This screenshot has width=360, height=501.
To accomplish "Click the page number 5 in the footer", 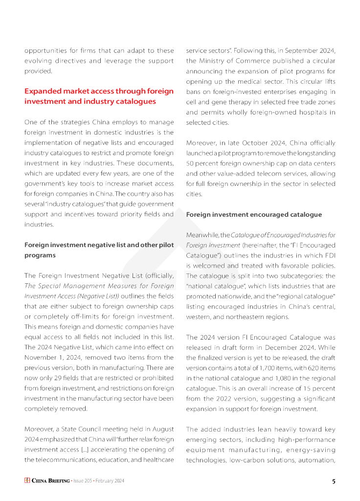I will (x=334, y=481).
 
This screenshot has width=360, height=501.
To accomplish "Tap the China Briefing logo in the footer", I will (x=47, y=481).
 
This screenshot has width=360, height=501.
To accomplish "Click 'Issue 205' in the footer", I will (x=84, y=481).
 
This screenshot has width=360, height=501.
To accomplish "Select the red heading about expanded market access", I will (x=99, y=96).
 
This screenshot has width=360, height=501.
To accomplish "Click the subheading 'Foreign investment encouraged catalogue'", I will (x=254, y=214).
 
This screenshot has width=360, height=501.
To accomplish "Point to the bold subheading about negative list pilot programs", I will (x=99, y=250).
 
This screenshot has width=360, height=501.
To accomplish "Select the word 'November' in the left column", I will (x=40, y=357).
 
